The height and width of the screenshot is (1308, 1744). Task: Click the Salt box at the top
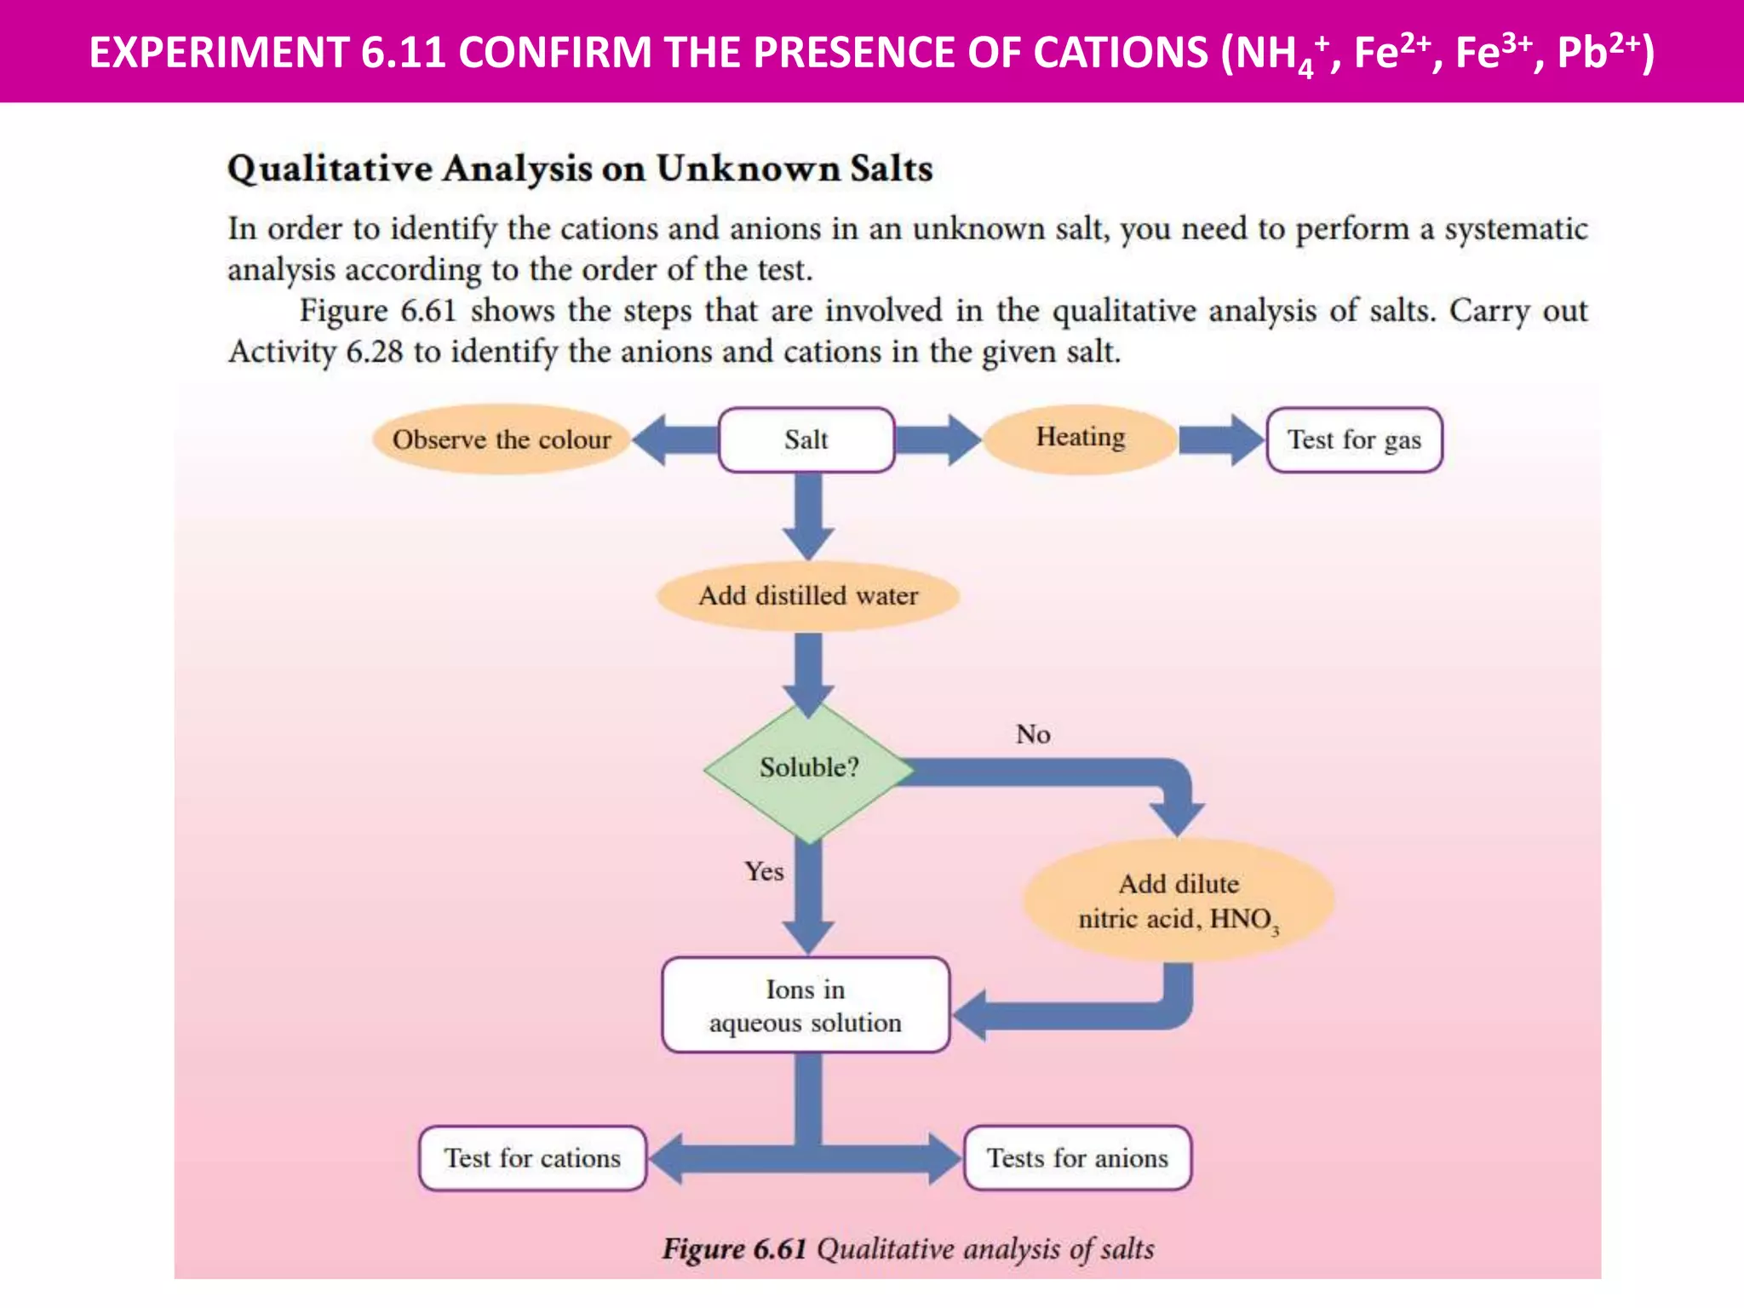tap(806, 440)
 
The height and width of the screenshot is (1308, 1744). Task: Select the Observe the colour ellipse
tap(502, 439)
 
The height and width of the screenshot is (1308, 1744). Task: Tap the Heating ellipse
tap(1080, 438)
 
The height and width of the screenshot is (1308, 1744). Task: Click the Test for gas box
tap(1354, 440)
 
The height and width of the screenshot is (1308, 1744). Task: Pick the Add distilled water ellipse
tap(808, 595)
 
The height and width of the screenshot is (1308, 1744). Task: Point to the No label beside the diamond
tap(1033, 734)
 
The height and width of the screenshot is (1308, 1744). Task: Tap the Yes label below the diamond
tap(764, 871)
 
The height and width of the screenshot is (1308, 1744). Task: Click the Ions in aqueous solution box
tap(806, 1005)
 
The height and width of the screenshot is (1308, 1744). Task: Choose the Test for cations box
tap(533, 1158)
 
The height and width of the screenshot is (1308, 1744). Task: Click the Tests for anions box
tap(1077, 1158)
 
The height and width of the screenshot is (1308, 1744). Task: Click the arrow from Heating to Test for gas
tap(1221, 440)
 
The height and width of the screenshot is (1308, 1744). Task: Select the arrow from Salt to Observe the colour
tap(675, 440)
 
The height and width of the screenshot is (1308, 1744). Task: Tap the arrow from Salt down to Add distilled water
tap(808, 515)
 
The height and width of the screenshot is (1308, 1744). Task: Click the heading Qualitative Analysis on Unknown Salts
tap(580, 169)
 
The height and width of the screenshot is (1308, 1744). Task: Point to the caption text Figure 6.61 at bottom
tap(734, 1249)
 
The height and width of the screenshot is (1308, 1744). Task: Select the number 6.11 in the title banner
tap(403, 52)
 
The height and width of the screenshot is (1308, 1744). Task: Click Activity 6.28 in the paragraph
tap(315, 352)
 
